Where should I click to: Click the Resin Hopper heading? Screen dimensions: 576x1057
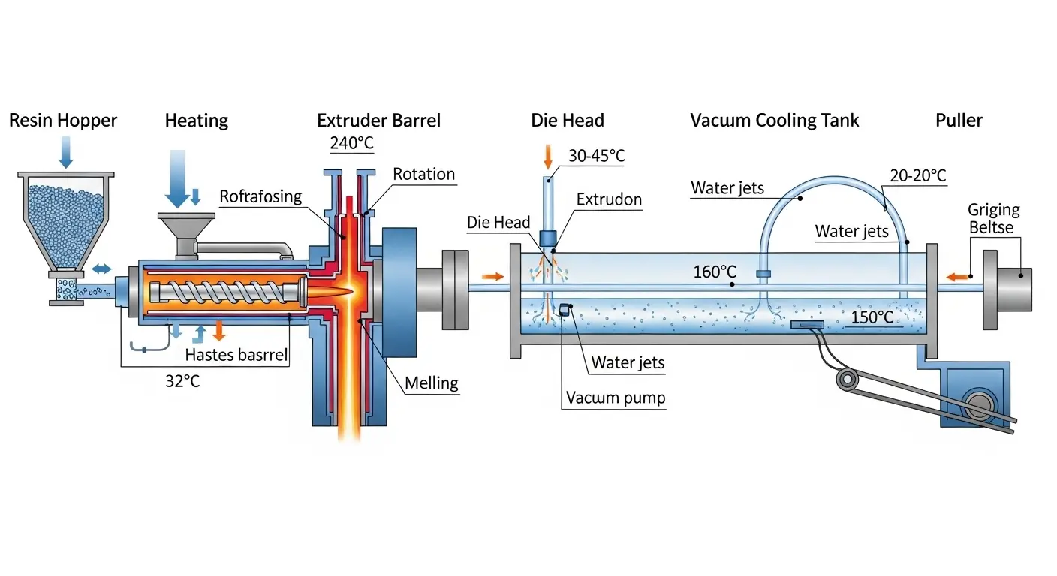63,121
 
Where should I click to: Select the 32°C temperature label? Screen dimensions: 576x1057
182,380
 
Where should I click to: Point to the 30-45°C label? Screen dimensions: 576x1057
596,156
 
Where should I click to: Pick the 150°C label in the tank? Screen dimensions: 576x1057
872,318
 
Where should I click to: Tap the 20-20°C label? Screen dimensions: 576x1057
917,176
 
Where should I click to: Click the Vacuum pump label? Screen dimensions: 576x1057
616,397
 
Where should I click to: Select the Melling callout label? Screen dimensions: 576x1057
431,382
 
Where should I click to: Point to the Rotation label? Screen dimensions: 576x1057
424,175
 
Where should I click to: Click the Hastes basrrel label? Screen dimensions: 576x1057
236,355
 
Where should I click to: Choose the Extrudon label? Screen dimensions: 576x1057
609,199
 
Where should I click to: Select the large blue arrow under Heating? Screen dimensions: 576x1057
177,178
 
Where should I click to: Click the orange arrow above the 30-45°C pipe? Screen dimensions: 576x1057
548,156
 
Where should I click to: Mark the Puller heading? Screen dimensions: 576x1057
959,121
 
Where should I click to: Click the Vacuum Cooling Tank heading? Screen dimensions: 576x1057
775,121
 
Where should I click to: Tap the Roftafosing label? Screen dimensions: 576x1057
260,197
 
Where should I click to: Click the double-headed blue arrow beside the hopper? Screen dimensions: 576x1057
101,268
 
